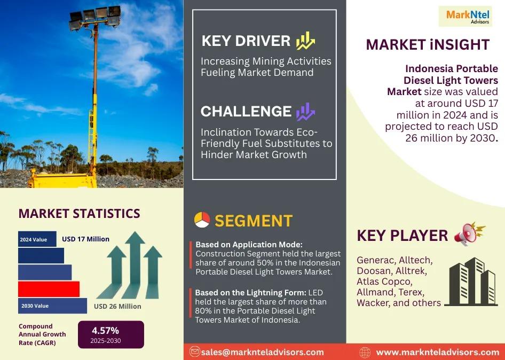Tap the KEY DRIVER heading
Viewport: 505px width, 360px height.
pyautogui.click(x=246, y=41)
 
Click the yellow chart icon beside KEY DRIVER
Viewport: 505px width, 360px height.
pyautogui.click(x=305, y=41)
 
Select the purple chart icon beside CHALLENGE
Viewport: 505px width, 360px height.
pyautogui.click(x=306, y=112)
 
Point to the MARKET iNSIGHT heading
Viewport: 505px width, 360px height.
pyautogui.click(x=428, y=44)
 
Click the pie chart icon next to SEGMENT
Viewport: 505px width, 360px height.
pyautogui.click(x=202, y=220)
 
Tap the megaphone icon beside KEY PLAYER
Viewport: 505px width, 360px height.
pyautogui.click(x=469, y=234)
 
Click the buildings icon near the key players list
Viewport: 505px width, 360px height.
pyautogui.click(x=471, y=281)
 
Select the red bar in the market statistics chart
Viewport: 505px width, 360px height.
pyautogui.click(x=49, y=289)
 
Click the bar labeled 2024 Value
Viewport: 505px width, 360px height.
pyautogui.click(x=37, y=239)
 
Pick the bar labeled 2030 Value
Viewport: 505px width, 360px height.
pyautogui.click(x=52, y=306)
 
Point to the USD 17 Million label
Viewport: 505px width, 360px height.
pyautogui.click(x=85, y=239)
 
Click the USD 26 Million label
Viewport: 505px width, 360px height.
pyautogui.click(x=117, y=306)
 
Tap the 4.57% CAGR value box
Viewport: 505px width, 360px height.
pyautogui.click(x=111, y=334)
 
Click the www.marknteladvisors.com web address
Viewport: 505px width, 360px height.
pyautogui.click(x=437, y=353)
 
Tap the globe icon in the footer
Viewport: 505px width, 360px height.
pyautogui.click(x=365, y=353)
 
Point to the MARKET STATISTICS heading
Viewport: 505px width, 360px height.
pyautogui.click(x=79, y=213)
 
